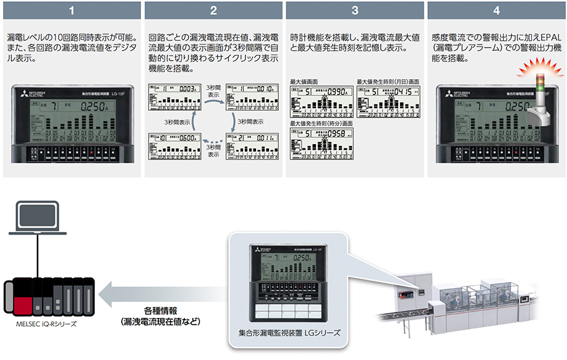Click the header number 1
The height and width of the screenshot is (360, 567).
pyautogui.click(x=72, y=11)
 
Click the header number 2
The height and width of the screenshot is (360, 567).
pyautogui.click(x=213, y=11)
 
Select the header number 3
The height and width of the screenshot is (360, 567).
pyautogui.click(x=354, y=11)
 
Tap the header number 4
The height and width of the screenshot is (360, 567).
pyautogui.click(x=496, y=11)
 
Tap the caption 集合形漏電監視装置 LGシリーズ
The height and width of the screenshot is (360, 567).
pyautogui.click(x=289, y=333)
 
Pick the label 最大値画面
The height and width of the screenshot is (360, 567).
pyautogui.click(x=304, y=82)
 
